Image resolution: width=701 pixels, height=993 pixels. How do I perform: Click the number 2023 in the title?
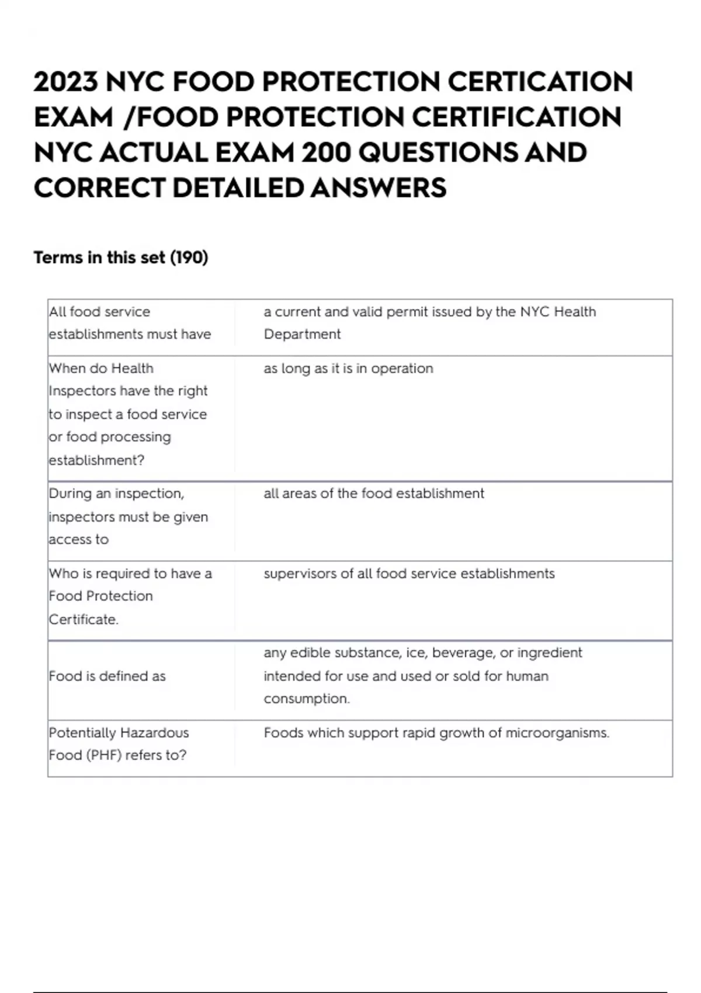coord(65,82)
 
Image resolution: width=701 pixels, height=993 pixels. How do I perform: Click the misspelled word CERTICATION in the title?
coord(540,82)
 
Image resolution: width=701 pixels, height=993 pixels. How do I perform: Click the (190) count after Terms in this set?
coord(189,258)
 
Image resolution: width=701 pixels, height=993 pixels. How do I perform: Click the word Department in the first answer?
coord(302,334)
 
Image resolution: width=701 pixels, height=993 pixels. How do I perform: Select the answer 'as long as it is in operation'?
coord(348,369)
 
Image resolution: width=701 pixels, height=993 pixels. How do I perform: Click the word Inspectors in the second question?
coord(84,391)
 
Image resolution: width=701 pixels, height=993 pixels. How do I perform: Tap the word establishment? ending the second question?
coord(96,460)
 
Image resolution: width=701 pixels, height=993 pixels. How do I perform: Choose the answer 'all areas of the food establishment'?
coord(374,494)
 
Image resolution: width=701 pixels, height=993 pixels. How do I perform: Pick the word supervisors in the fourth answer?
coord(300,574)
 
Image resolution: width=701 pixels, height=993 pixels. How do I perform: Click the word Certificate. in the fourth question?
coord(84,619)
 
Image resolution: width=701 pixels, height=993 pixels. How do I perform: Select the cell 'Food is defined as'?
coord(107,676)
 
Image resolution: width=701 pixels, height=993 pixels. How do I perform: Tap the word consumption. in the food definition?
coord(307,699)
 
